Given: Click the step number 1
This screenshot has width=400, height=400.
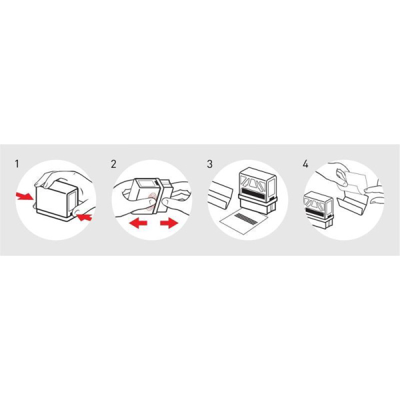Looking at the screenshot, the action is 17,164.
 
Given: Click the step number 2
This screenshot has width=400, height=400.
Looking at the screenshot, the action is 113,164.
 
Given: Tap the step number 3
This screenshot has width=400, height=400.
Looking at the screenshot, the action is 210,164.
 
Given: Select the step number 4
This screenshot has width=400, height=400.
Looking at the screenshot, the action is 305,164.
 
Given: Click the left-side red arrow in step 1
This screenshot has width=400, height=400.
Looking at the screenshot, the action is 24,197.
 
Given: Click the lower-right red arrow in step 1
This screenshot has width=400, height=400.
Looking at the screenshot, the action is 84,217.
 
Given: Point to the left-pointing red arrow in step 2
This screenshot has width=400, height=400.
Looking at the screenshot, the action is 138,223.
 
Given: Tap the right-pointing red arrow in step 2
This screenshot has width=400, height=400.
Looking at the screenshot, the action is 169,223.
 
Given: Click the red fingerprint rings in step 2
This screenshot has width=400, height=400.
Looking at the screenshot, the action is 151,202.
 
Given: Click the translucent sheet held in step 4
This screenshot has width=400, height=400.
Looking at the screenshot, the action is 353,183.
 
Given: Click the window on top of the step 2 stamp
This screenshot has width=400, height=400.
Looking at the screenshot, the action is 145,185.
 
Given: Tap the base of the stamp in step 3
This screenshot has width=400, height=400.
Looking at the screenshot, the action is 257,207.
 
